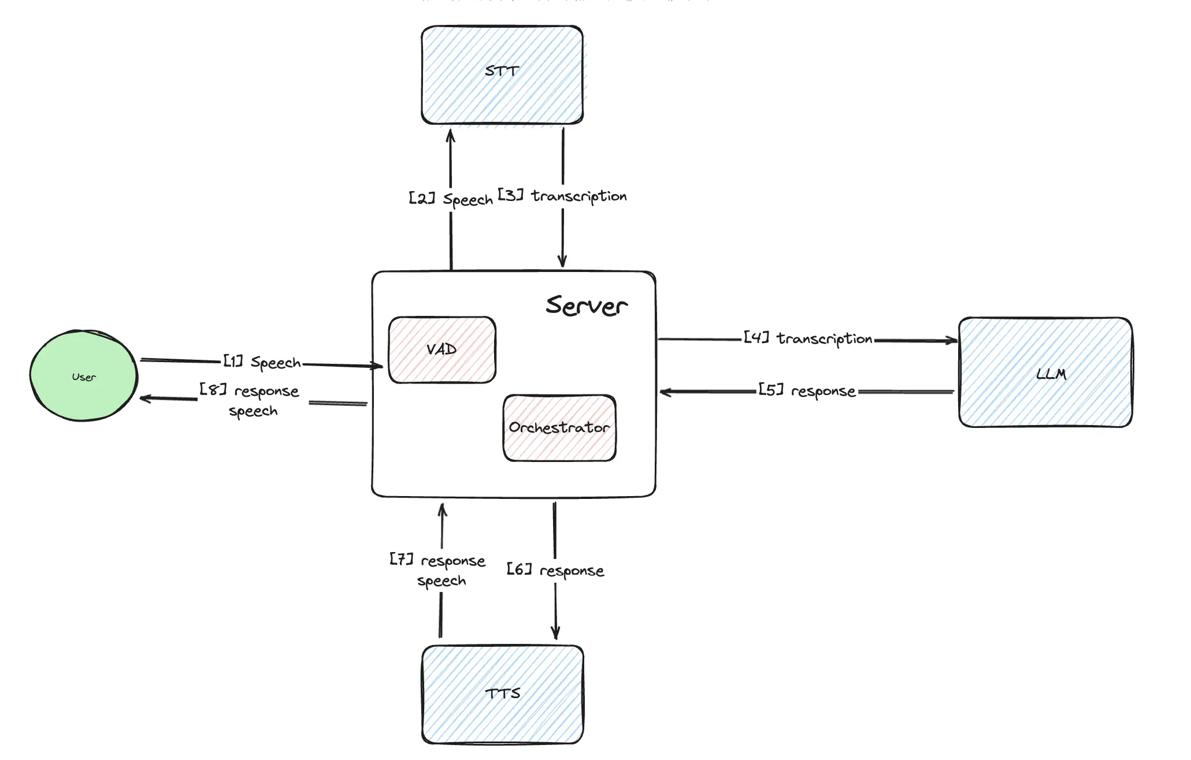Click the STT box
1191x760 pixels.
(502, 75)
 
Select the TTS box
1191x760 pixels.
(502, 694)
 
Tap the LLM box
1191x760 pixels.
(1045, 372)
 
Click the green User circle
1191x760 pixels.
(84, 376)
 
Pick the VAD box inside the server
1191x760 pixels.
(442, 350)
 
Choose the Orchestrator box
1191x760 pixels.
(559, 428)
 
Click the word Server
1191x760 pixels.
(586, 306)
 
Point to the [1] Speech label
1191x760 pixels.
(262, 362)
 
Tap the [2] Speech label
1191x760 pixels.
(451, 199)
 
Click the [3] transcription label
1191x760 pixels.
(562, 196)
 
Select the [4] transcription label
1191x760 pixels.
(808, 338)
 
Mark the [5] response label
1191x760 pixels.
(807, 391)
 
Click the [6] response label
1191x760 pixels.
(555, 571)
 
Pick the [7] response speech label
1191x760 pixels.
(438, 570)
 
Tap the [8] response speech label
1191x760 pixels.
(250, 400)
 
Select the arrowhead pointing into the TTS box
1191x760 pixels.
(555, 634)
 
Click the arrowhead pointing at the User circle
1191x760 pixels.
(145, 398)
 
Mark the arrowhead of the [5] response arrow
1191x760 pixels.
(665, 392)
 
